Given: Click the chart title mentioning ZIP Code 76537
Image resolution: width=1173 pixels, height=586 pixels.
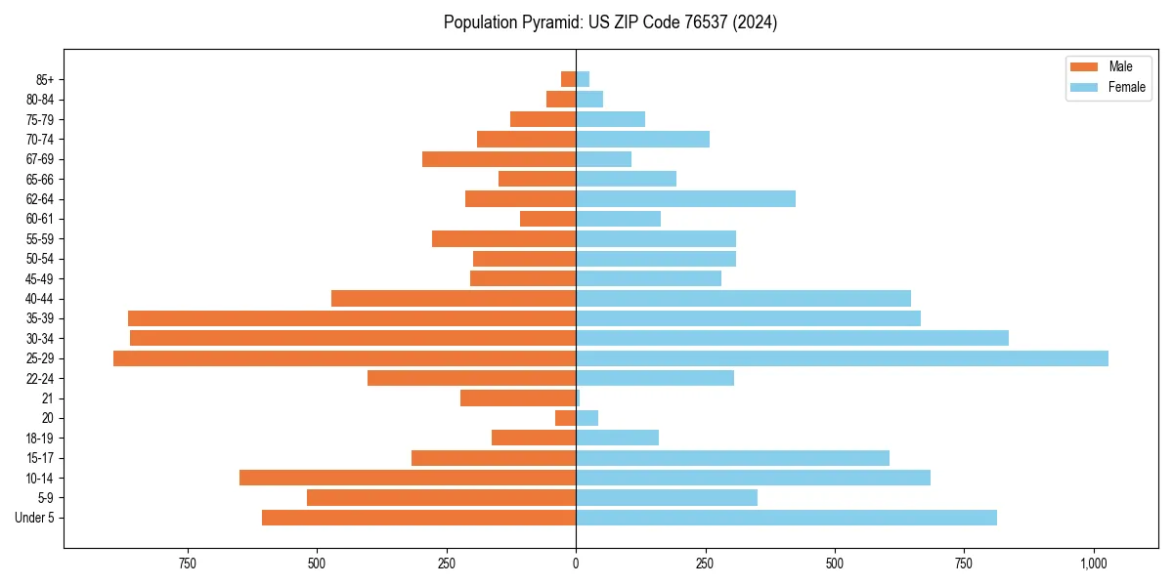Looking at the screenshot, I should click(x=610, y=22).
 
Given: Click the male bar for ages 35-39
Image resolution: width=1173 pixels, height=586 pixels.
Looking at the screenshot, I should click(x=352, y=318).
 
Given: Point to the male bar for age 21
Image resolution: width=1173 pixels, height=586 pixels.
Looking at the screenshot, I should click(x=518, y=398).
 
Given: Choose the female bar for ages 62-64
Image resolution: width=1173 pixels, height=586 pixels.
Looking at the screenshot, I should click(x=685, y=199).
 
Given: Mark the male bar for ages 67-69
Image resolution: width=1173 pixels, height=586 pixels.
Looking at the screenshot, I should click(x=499, y=159).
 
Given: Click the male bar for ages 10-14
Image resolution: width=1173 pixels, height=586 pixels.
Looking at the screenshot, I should click(x=408, y=478).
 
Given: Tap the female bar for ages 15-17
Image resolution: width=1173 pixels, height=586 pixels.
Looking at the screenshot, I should click(x=732, y=458).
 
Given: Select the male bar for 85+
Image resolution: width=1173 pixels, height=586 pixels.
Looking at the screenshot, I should click(x=568, y=79).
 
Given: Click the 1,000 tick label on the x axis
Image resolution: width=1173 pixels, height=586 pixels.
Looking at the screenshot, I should click(x=1094, y=564).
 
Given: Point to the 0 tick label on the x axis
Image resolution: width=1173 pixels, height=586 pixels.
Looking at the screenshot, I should click(x=576, y=564).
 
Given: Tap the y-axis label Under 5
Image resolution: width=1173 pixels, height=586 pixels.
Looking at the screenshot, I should click(x=34, y=518).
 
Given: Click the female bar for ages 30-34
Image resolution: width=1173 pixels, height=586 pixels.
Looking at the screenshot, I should click(x=792, y=338).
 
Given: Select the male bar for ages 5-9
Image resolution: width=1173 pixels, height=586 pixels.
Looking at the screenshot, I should click(x=441, y=498).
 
